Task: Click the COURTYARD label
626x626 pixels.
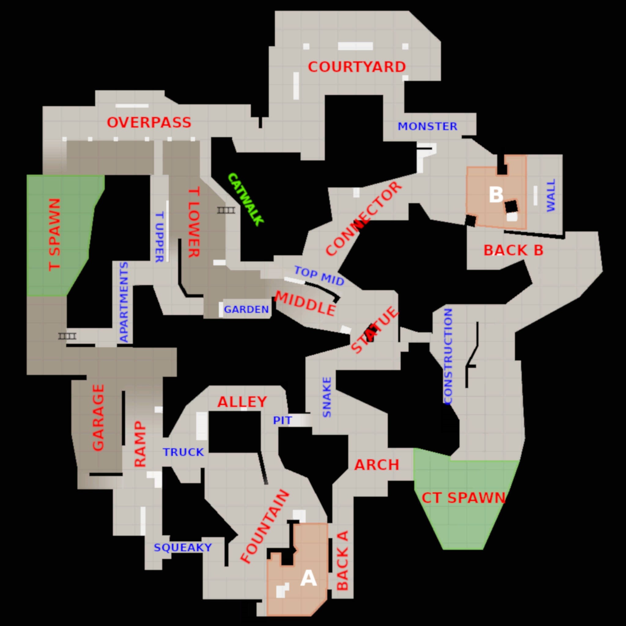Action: pos(357,67)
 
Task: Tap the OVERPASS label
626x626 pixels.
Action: pos(149,123)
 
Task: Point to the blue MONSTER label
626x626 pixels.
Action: pos(427,126)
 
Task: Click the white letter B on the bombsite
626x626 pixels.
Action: pos(496,195)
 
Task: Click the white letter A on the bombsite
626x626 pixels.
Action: pos(308,578)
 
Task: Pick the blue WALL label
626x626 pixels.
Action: pos(551,195)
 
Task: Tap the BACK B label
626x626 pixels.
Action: pos(513,250)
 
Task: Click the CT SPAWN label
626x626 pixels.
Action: pos(463,498)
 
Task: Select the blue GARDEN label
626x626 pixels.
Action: pos(246,310)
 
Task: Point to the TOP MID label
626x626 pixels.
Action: pos(319,276)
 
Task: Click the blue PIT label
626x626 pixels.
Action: pos(282,421)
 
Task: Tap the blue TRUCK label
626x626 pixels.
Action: pos(183,452)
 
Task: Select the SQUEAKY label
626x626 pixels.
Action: pos(183,547)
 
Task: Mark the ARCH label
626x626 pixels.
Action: pos(377,465)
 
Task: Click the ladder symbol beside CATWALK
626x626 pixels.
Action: pos(226,210)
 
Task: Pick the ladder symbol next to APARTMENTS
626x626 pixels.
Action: pos(67,336)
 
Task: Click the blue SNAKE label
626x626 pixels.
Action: pos(327,397)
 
